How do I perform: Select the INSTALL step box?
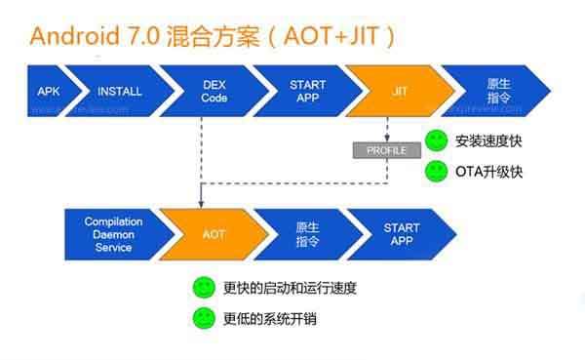tap(120, 92)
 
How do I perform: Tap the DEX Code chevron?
tap(213, 92)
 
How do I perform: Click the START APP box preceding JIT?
tap(307, 92)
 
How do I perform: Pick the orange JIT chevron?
tap(399, 92)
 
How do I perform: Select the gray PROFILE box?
tap(386, 150)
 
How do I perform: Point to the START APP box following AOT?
tap(401, 234)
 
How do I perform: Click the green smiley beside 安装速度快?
tap(437, 140)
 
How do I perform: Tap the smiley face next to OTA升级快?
tap(437, 173)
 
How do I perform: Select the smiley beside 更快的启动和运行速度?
tap(203, 288)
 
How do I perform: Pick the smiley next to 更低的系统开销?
tap(203, 318)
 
